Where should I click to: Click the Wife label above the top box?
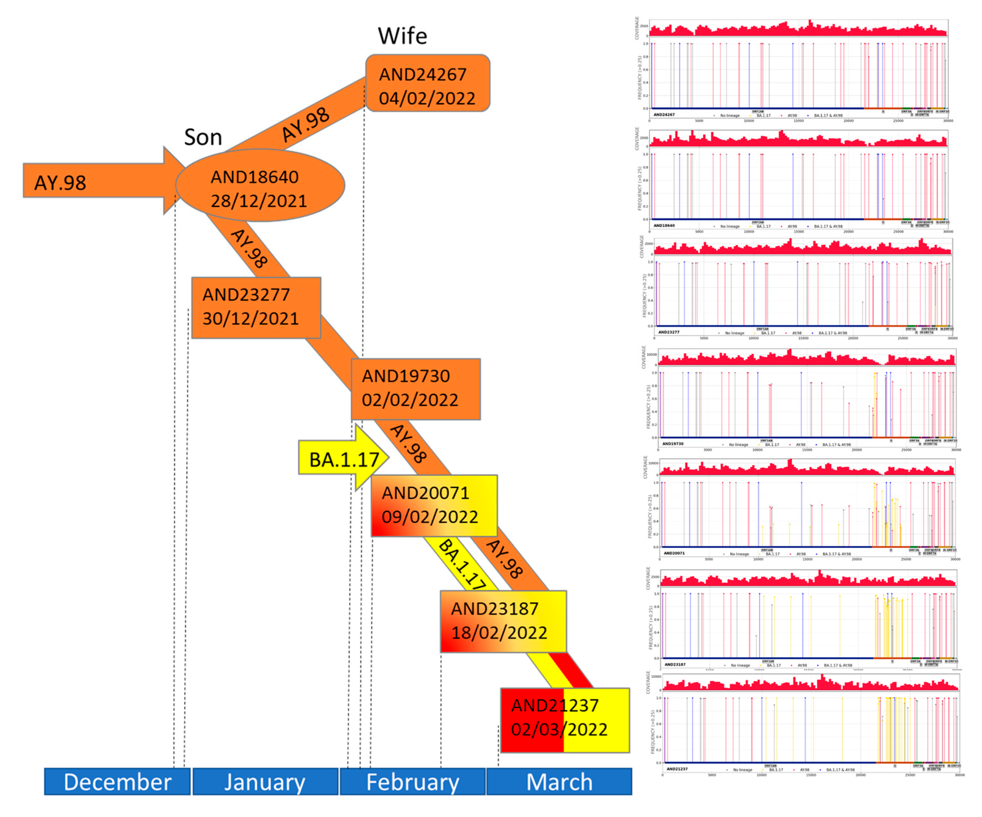click(402, 36)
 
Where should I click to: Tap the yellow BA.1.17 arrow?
click(344, 460)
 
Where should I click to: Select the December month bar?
click(117, 781)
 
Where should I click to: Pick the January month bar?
click(265, 781)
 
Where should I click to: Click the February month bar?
click(413, 781)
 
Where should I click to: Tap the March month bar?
click(559, 781)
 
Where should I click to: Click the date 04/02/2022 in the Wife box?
click(427, 99)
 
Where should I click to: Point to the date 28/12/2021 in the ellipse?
click(259, 201)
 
